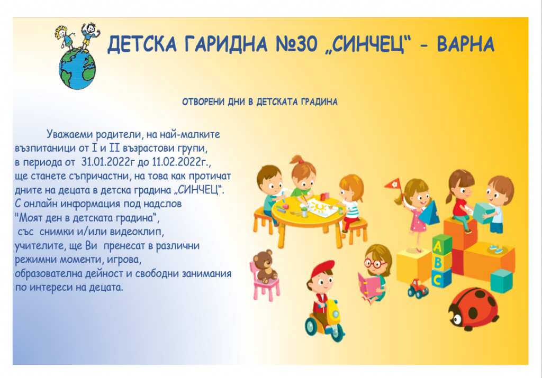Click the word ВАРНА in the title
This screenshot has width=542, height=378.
coord(466,44)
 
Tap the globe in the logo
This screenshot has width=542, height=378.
coord(77,69)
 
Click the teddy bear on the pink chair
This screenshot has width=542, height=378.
coord(265,267)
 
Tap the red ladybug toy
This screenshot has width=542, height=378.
coord(474,309)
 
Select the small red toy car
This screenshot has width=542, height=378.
coord(418,289)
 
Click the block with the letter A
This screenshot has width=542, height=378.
coord(442,245)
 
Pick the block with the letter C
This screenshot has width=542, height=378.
coord(441,279)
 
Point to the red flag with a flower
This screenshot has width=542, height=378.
coord(394,185)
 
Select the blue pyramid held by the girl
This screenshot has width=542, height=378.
coord(429,214)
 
